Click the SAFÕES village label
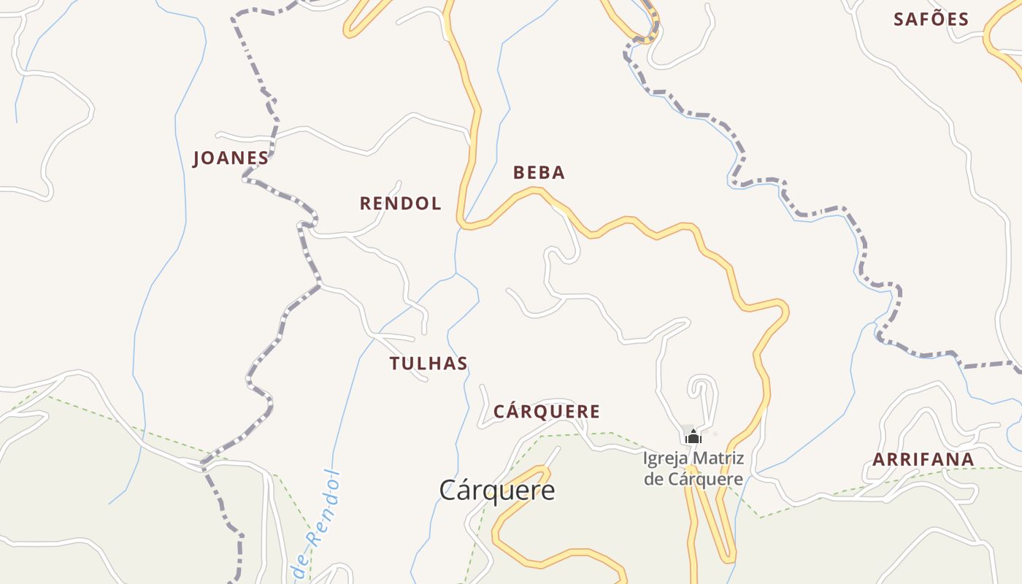click(x=931, y=20)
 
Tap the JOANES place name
click(x=231, y=158)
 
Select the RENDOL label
click(x=400, y=204)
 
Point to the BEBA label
click(x=539, y=173)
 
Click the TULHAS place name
click(x=429, y=364)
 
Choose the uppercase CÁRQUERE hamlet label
click(x=547, y=412)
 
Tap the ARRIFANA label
click(x=923, y=460)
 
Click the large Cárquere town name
click(x=496, y=491)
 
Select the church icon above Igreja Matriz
click(x=693, y=437)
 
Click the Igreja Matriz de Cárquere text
click(x=693, y=469)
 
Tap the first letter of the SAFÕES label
click(x=899, y=20)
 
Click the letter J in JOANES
click(x=196, y=158)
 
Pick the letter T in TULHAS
click(x=395, y=364)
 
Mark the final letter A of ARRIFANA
click(x=968, y=460)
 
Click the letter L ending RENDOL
click(x=437, y=204)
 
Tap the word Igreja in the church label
click(x=665, y=459)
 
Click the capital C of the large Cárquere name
click(x=447, y=491)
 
